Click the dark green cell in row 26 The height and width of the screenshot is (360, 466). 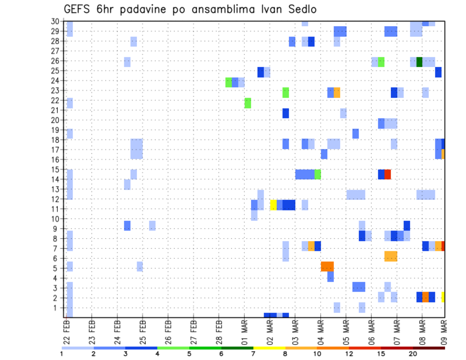pos(419,62)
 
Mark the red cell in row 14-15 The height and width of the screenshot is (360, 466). pos(387,174)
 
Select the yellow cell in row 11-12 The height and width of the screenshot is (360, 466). pos(273,205)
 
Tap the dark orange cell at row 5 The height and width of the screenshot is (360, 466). pos(327,266)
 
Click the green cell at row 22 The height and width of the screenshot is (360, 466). pos(248,103)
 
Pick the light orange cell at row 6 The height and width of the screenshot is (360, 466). pos(391,256)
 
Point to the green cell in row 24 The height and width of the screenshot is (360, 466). pos(229,82)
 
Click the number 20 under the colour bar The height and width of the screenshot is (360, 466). pos(413,354)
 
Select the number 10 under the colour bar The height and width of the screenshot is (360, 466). pos(316,354)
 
